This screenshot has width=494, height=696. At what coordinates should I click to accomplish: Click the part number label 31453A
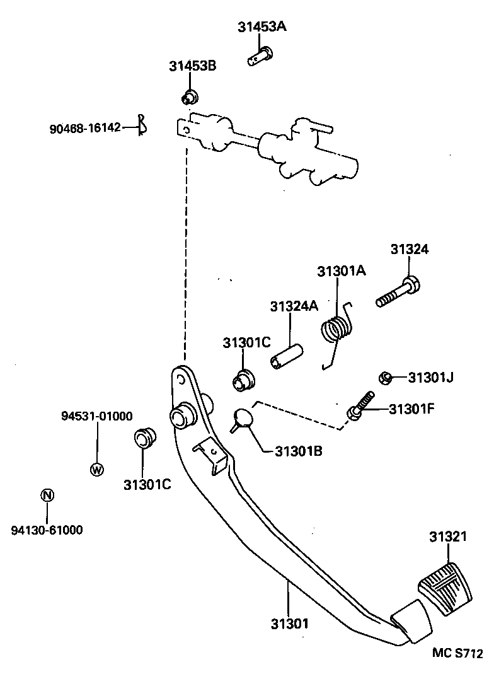tap(261, 27)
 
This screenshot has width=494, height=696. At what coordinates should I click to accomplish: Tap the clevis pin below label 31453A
tap(259, 57)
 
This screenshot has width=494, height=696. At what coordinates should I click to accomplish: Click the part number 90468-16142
tap(84, 128)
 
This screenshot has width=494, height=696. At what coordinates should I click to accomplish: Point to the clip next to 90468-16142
tap(143, 125)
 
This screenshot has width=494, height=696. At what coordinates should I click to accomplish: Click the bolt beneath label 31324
tap(398, 293)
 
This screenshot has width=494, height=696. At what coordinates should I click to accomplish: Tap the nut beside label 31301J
tap(386, 378)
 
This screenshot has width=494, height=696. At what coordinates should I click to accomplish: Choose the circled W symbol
tap(96, 469)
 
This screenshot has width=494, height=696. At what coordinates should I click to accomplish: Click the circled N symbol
tap(47, 495)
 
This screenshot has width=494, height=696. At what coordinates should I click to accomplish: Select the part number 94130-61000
tap(47, 530)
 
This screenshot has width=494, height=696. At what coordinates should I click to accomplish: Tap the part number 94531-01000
tap(96, 416)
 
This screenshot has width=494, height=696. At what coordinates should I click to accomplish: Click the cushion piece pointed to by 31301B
tap(241, 419)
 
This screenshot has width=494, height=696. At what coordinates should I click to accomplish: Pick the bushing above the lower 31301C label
tap(145, 438)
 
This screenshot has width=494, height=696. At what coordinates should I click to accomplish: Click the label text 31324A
tap(294, 306)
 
